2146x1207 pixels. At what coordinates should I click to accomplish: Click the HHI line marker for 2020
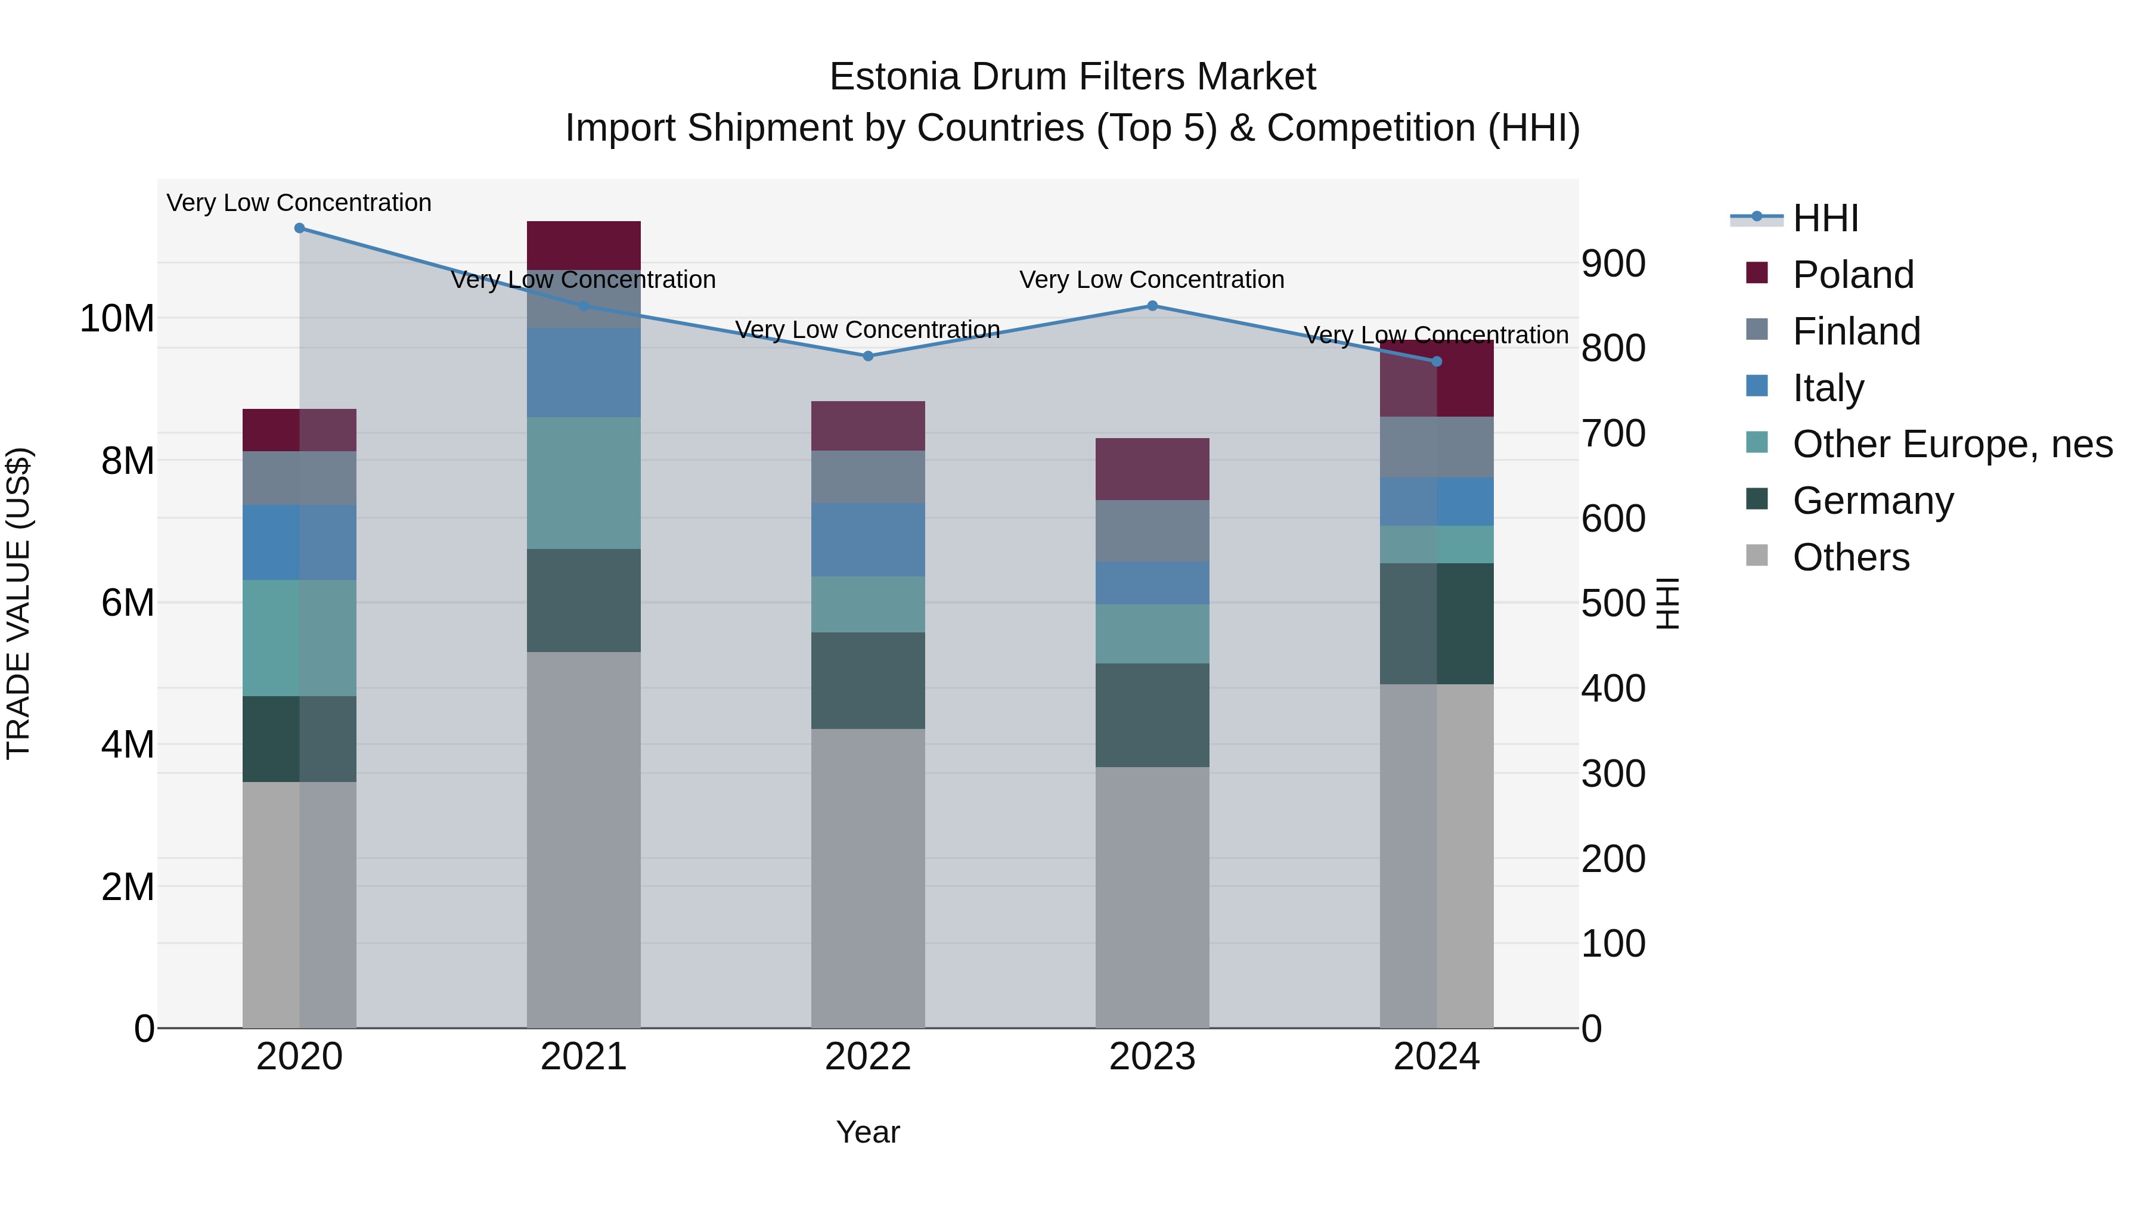[299, 228]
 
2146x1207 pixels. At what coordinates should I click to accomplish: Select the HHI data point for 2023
[1152, 306]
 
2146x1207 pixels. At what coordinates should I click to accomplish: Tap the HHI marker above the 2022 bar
[868, 356]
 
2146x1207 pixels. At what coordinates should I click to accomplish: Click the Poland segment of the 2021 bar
[583, 245]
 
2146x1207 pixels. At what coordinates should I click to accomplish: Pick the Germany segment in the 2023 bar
[1152, 715]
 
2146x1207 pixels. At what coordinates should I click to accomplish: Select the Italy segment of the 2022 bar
[868, 540]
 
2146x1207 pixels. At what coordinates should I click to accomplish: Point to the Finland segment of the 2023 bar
[1152, 530]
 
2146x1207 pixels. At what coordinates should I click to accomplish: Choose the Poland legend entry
[1853, 275]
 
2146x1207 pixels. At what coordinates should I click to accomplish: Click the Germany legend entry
[1873, 501]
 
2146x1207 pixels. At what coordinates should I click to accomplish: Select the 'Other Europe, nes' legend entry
[1952, 444]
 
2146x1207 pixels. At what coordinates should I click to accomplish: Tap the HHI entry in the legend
[1825, 218]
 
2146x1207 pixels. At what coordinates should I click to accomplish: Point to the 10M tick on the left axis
[117, 318]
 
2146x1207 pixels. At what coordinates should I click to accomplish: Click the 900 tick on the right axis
[1614, 263]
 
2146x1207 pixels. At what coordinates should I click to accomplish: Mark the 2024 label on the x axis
[1436, 1057]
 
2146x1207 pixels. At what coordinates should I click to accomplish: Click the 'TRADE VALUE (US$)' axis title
[18, 603]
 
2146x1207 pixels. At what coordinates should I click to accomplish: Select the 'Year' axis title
[868, 1132]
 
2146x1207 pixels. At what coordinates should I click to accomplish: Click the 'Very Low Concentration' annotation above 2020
[299, 203]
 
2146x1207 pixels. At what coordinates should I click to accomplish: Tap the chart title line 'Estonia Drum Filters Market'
[1072, 77]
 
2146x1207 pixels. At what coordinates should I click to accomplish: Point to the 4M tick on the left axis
[128, 744]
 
